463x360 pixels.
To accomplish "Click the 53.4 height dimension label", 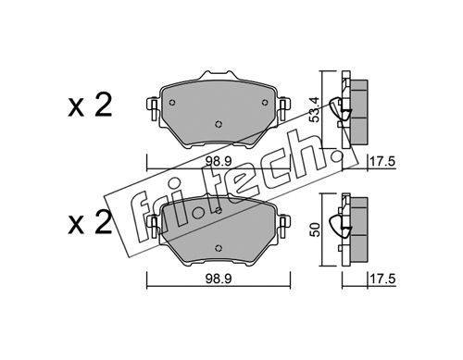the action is click(315, 109).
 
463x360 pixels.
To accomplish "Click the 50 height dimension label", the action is click(315, 230).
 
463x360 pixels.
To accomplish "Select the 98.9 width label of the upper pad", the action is click(219, 162).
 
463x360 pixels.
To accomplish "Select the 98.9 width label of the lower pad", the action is click(219, 279).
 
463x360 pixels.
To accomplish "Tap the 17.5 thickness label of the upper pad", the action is click(382, 162).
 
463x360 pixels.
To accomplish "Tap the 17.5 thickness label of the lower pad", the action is click(382, 279).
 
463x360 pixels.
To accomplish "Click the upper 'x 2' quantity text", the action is click(90, 106).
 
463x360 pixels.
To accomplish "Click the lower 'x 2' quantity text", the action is click(90, 221).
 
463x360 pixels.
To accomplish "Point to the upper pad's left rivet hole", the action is click(172, 103).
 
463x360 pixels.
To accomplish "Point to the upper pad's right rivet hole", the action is click(265, 103).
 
